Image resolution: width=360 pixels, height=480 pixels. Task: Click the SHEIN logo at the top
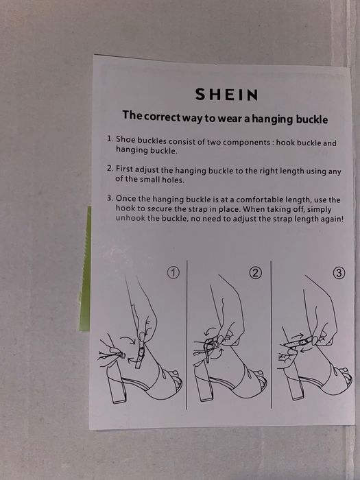(226, 95)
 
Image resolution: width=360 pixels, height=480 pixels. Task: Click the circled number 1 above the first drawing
(173, 273)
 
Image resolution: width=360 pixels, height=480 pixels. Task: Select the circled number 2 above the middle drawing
(256, 272)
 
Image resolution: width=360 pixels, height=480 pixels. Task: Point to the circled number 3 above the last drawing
(339, 273)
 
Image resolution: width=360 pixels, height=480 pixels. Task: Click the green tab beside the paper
(85, 269)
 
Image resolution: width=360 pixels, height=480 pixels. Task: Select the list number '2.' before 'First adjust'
(110, 169)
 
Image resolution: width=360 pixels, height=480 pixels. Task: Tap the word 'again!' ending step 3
(332, 219)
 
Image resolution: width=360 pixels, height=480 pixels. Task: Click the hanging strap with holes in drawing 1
(140, 355)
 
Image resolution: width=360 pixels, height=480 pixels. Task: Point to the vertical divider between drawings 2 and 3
(271, 335)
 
